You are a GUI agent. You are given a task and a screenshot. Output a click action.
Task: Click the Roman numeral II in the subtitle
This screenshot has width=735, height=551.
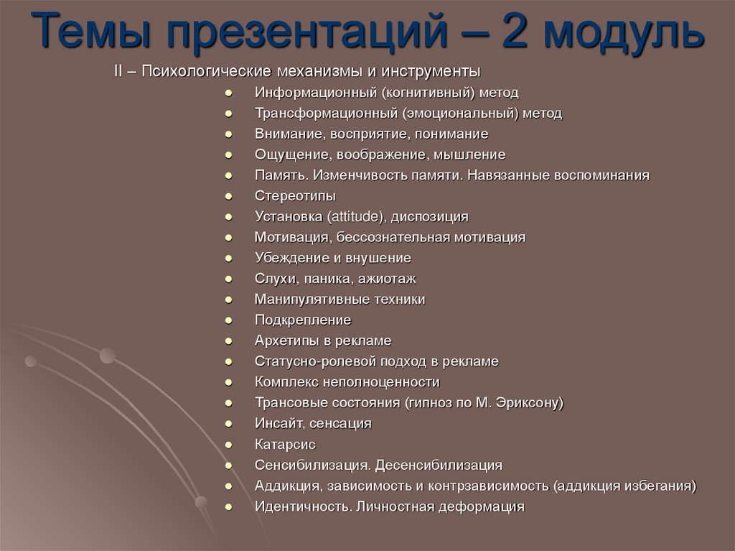point(119,73)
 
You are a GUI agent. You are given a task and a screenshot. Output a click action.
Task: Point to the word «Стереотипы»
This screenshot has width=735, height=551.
point(295,195)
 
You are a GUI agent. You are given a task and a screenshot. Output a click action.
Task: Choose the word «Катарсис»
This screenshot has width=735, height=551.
point(285,444)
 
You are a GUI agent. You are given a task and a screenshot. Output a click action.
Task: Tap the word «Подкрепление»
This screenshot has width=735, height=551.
point(303,320)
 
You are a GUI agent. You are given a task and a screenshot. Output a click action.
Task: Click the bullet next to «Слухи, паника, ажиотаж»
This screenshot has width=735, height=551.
point(228,279)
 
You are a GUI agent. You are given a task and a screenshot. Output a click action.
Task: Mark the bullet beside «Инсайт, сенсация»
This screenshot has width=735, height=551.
point(228,424)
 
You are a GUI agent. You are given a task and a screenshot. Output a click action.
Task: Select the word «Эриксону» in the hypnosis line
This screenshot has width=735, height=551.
point(528,403)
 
